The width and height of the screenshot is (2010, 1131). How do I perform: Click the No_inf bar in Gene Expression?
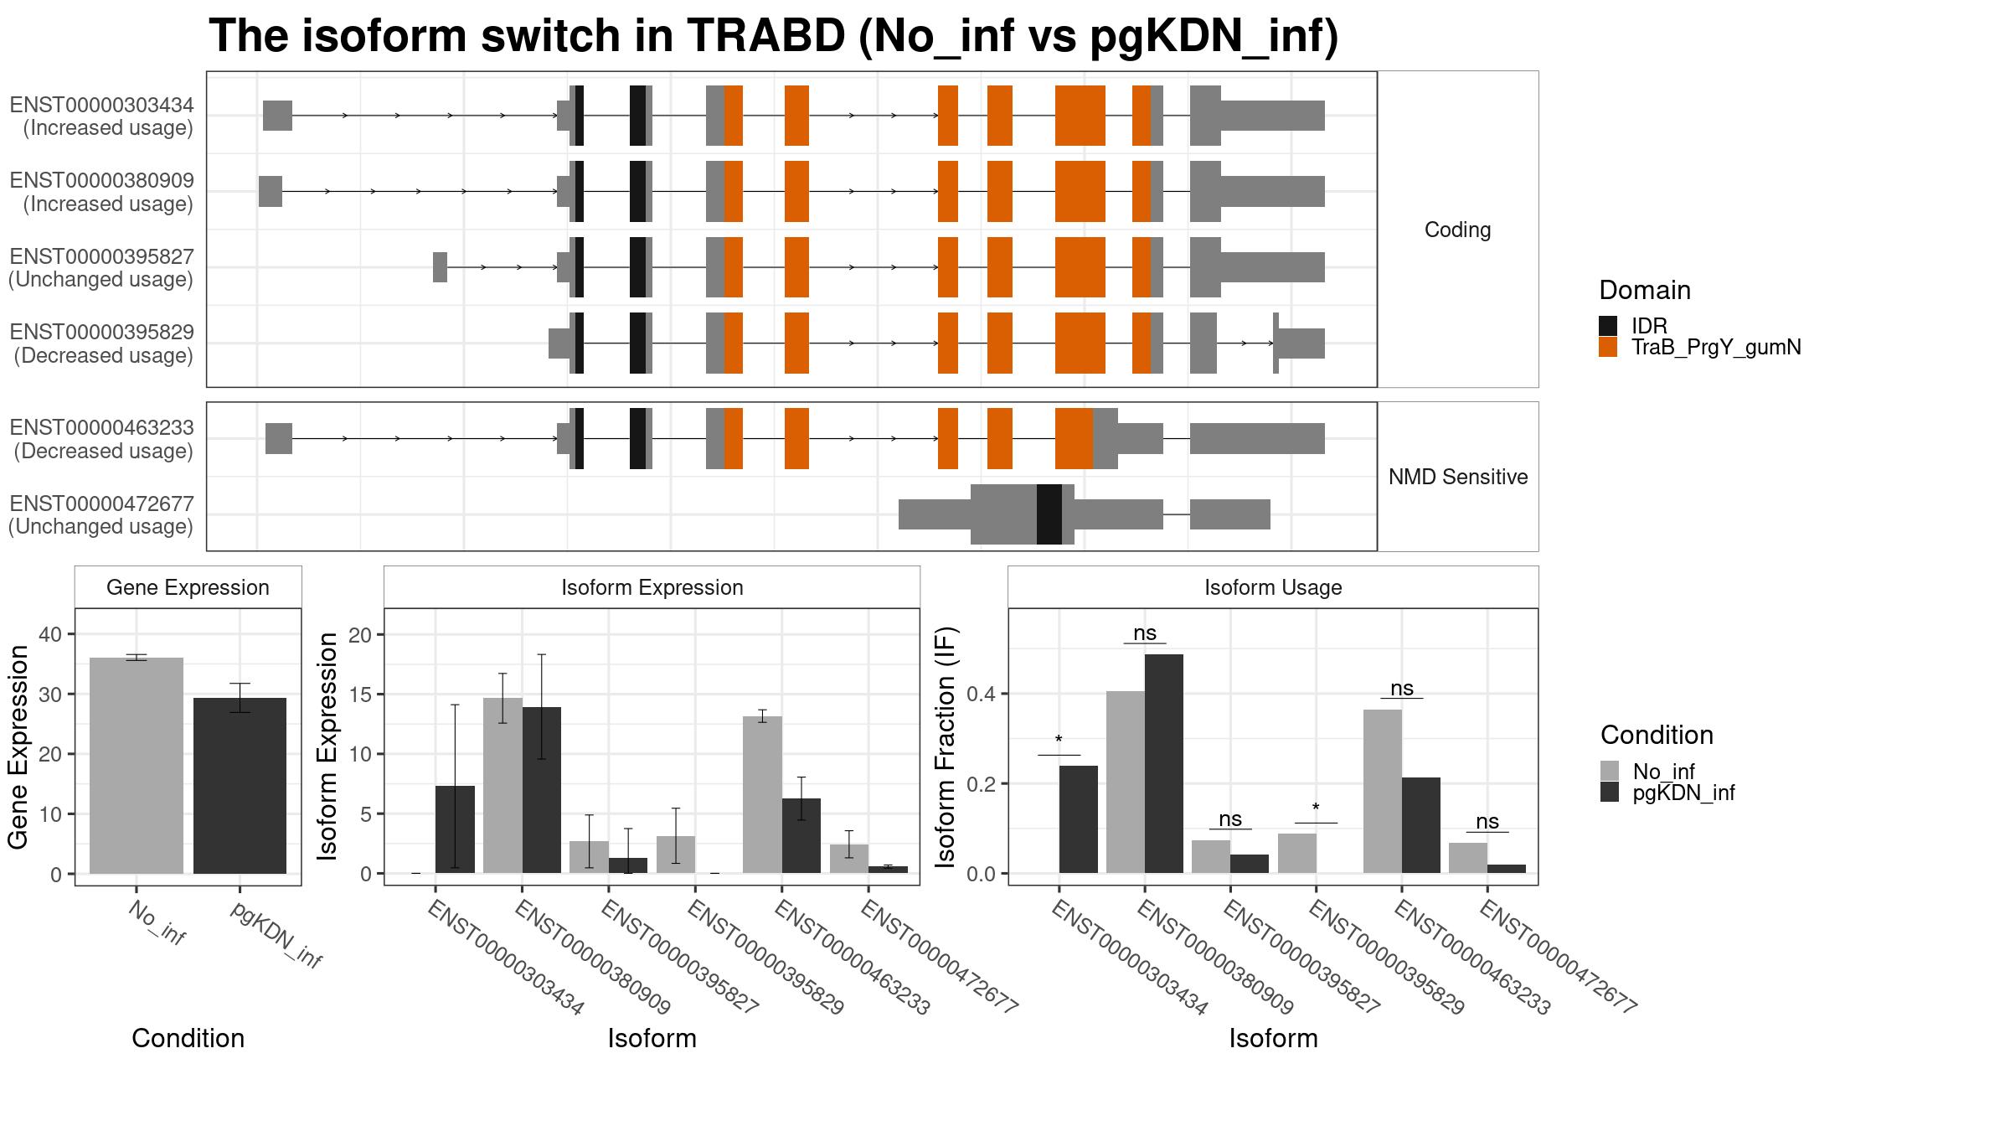137,766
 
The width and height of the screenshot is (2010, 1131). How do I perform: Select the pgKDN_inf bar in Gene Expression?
240,786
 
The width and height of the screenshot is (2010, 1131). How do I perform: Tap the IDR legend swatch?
1608,326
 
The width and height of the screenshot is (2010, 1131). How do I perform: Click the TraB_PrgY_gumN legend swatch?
1608,347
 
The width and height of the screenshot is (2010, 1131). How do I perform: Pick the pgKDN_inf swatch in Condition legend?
1610,793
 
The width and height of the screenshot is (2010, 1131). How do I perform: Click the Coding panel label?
1457,230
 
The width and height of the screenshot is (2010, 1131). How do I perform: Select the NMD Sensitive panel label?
1457,477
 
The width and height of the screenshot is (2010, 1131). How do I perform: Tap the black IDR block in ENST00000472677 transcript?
1049,514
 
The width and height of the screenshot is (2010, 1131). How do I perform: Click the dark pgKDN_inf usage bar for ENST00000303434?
1079,819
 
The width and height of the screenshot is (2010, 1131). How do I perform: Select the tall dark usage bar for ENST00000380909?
1164,764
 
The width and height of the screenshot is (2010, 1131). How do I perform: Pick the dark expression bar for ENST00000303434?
456,829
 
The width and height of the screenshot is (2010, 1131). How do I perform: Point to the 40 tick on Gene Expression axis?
50,634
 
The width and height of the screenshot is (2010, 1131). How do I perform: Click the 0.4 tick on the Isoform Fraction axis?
983,694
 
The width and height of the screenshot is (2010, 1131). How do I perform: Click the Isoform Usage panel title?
1273,587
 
